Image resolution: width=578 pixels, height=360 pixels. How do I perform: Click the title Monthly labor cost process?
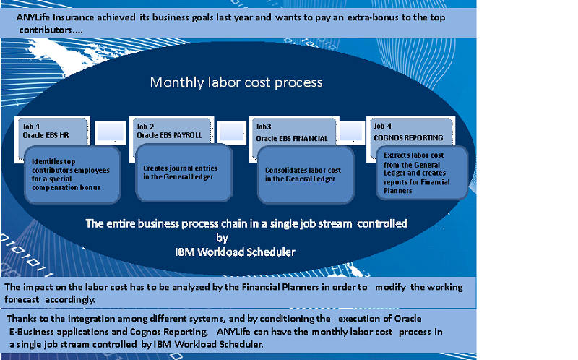(x=236, y=82)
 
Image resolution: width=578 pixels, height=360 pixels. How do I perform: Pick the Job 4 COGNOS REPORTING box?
(x=407, y=131)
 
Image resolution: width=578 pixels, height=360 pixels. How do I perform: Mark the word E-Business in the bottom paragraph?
(x=34, y=330)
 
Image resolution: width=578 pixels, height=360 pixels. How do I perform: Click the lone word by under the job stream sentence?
(x=223, y=237)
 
